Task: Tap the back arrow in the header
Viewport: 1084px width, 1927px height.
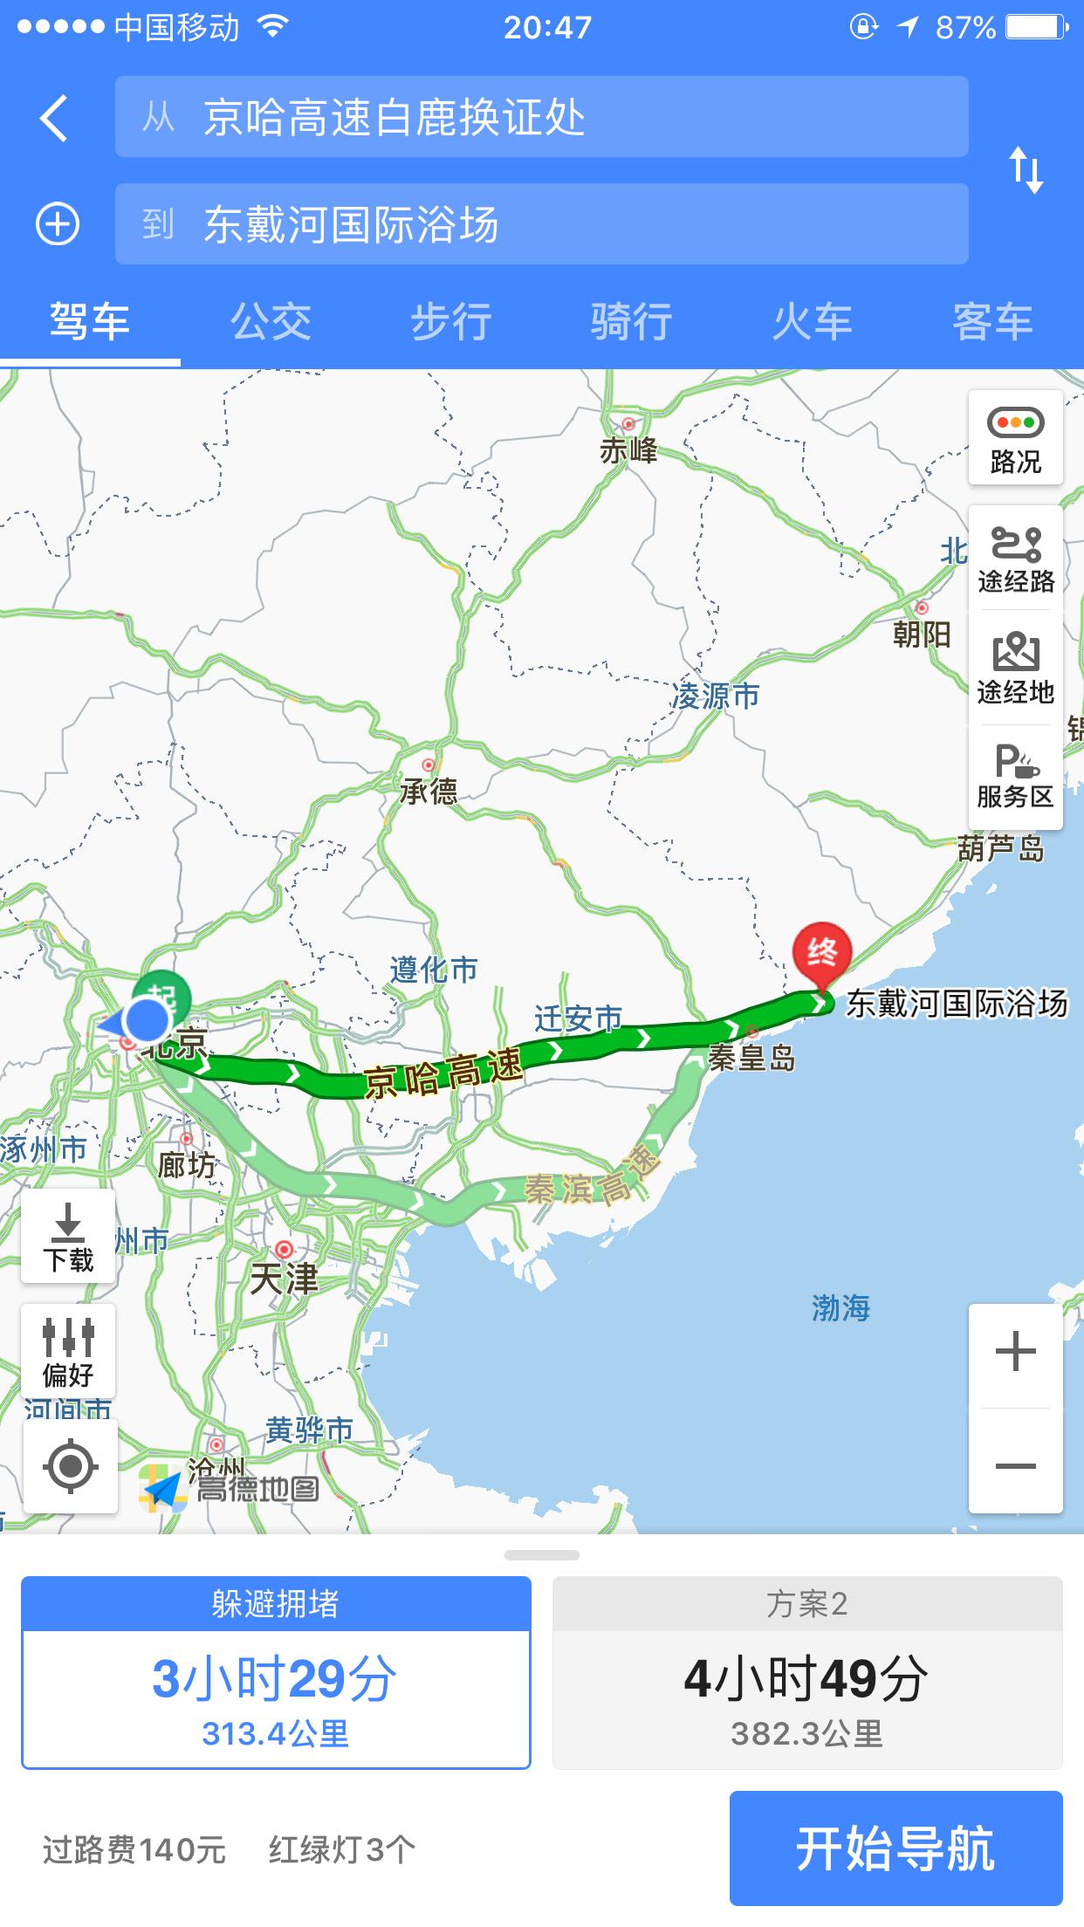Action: pos(54,119)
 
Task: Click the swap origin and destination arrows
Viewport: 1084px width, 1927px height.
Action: pos(1026,169)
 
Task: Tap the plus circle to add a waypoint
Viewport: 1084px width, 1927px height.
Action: pos(58,224)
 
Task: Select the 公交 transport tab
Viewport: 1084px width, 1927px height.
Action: pos(271,322)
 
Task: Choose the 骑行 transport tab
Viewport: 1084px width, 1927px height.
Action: pos(631,322)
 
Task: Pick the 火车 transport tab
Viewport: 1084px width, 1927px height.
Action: pos(812,322)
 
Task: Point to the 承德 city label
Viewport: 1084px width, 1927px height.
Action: pos(429,791)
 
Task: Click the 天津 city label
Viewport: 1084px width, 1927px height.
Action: pos(284,1279)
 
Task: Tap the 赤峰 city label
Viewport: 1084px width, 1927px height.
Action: pos(628,450)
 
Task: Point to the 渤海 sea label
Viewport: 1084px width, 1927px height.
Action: pos(840,1308)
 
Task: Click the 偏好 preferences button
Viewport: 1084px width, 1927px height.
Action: pos(68,1351)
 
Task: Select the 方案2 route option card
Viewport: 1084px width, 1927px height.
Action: pos(806,1673)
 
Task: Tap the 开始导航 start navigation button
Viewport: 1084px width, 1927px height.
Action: pos(895,1848)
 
